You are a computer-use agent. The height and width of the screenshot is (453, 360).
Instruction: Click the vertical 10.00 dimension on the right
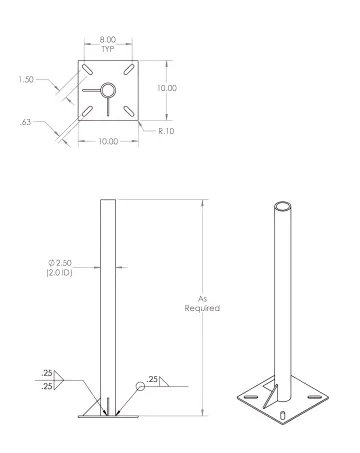(x=167, y=89)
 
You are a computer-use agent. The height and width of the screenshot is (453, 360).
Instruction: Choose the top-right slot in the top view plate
(x=127, y=70)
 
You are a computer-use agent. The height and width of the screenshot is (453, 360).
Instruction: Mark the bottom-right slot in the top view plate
(x=127, y=109)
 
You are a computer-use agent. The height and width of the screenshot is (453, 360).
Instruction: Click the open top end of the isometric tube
(x=283, y=208)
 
